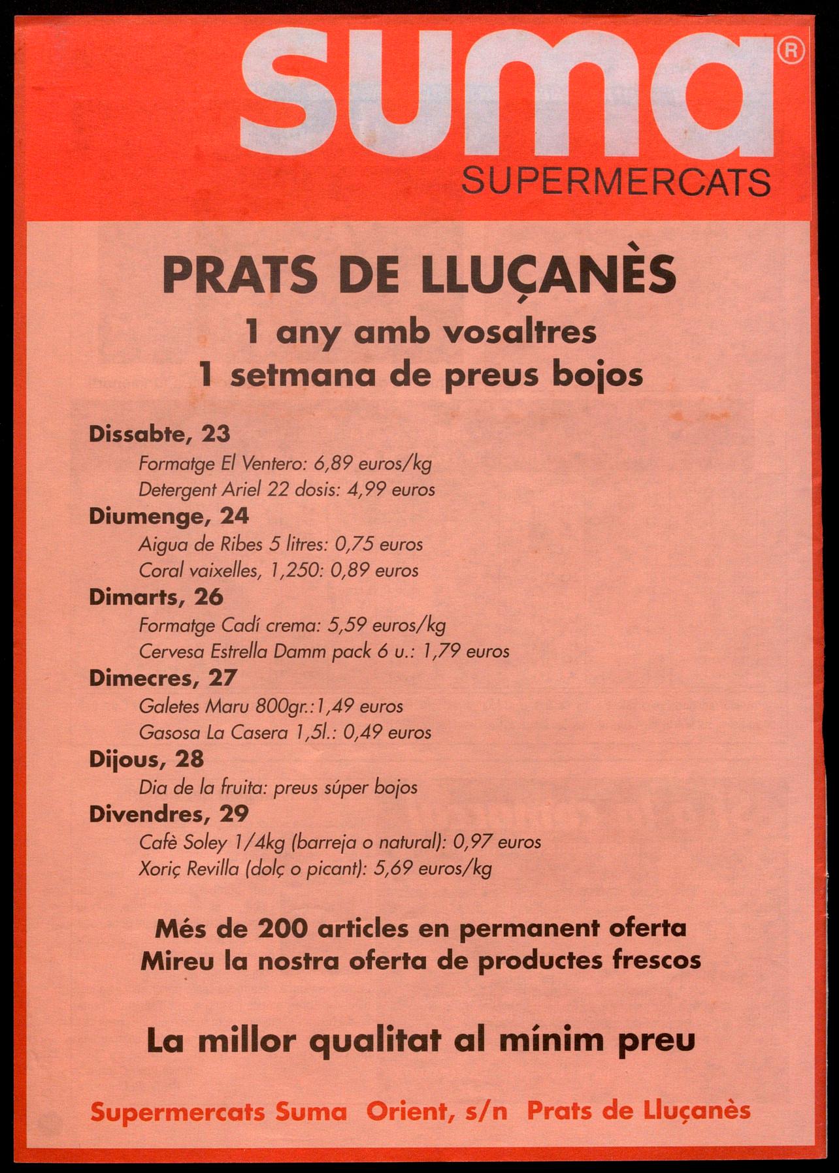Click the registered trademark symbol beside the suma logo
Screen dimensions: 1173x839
tap(791, 50)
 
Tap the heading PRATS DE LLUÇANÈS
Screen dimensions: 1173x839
tap(419, 275)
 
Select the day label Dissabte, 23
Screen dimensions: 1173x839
tap(159, 434)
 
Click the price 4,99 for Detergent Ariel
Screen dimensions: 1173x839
tap(367, 489)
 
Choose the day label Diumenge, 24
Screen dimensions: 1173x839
tap(169, 516)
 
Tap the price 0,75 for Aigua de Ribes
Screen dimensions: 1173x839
tap(354, 544)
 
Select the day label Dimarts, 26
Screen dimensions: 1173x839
tap(156, 597)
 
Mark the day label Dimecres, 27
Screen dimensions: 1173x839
tap(163, 678)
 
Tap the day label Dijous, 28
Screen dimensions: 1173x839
tap(146, 759)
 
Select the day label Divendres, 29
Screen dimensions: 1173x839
tap(169, 814)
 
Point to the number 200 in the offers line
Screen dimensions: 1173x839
tap(282, 928)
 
